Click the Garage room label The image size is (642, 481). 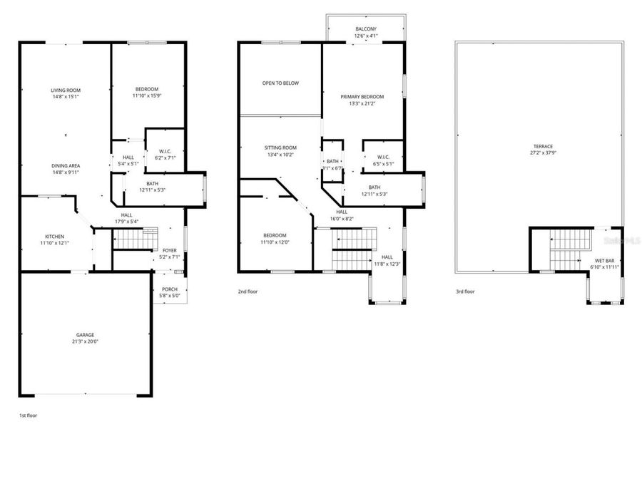85,334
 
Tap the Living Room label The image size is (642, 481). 66,90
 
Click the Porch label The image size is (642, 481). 170,289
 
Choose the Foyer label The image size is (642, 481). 170,250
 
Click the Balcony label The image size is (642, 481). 366,29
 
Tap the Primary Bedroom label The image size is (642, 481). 362,97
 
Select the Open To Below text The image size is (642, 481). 280,83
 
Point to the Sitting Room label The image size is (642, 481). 280,148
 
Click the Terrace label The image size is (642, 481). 543,146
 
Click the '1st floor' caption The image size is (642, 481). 28,414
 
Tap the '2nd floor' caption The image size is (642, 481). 248,291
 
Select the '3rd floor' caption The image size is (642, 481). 465,291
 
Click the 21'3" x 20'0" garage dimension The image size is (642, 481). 85,341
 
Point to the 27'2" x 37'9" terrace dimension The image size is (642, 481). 543,152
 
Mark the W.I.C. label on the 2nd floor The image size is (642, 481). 382,157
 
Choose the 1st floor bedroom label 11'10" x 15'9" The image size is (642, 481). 147,95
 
